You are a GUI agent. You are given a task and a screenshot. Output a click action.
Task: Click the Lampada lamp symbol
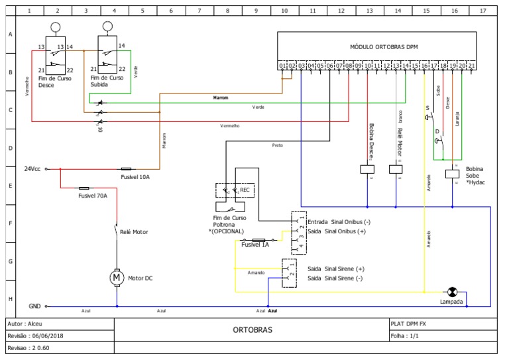pos(452,292)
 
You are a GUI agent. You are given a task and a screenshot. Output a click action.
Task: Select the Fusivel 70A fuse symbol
pos(84,188)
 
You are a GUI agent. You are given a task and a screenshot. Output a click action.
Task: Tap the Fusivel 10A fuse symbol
pos(126,168)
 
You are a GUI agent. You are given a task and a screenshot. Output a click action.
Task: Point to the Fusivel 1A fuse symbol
pos(259,239)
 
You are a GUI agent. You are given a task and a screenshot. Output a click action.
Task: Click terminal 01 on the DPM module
pos(282,66)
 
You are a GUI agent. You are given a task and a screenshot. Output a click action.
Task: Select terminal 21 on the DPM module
pos(471,66)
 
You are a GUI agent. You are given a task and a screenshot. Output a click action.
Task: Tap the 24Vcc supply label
pos(32,168)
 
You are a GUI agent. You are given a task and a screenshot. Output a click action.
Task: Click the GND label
pos(34,306)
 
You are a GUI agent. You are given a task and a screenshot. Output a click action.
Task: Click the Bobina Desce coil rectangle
pos(367,169)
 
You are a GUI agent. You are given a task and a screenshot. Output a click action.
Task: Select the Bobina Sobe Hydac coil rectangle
pos(453,174)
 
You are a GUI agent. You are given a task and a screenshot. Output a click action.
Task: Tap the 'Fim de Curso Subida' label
pos(108,82)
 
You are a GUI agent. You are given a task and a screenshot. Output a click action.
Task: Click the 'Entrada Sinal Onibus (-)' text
pos(339,221)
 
